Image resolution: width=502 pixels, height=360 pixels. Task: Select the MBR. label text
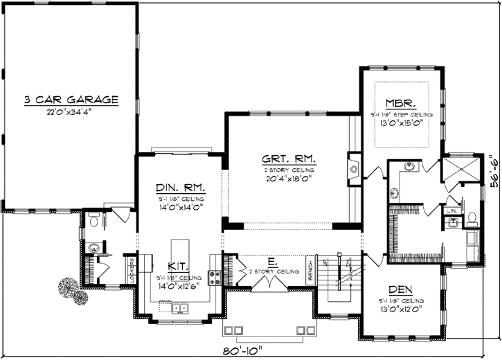pos(400,102)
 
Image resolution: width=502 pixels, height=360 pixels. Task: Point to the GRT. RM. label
pos(289,159)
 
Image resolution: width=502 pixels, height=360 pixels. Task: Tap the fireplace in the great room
pos(354,168)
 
